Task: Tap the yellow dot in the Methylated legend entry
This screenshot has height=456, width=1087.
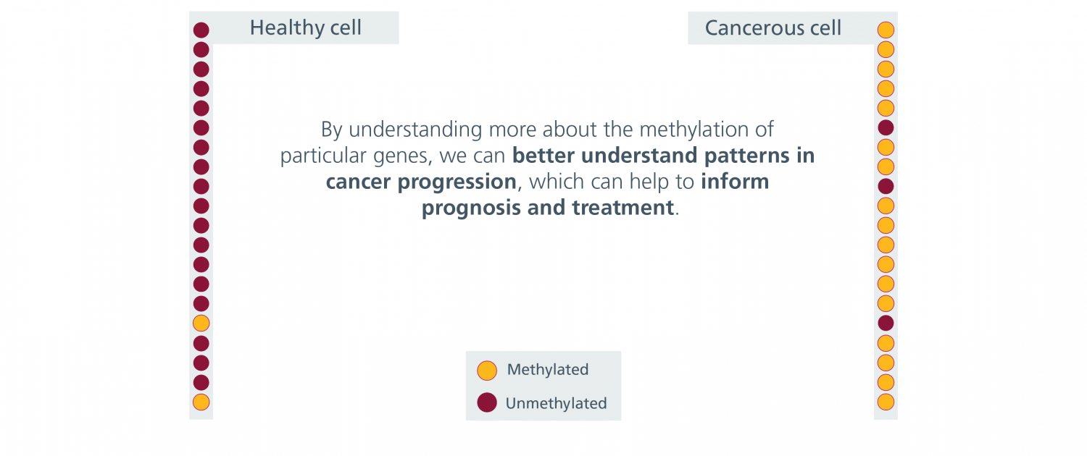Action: (487, 370)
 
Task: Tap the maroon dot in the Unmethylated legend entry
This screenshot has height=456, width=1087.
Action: (487, 402)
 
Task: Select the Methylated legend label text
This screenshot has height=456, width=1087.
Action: (547, 369)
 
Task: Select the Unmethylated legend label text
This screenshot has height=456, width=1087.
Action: (556, 403)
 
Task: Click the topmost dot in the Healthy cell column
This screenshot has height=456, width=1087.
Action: (201, 30)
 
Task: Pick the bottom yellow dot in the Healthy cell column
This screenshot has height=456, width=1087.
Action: (201, 402)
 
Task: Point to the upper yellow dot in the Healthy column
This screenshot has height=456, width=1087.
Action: (201, 324)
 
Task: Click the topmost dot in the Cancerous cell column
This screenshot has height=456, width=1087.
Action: (886, 30)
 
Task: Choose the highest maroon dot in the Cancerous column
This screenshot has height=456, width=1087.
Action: (886, 128)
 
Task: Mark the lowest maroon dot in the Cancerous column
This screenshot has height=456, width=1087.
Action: (886, 324)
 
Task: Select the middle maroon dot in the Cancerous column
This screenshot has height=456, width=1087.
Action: (886, 186)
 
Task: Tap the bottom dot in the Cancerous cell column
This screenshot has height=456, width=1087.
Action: (886, 402)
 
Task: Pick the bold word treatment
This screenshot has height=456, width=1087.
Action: (623, 208)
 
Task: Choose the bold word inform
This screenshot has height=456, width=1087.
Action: (735, 181)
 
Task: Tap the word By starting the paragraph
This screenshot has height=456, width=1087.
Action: (332, 130)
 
